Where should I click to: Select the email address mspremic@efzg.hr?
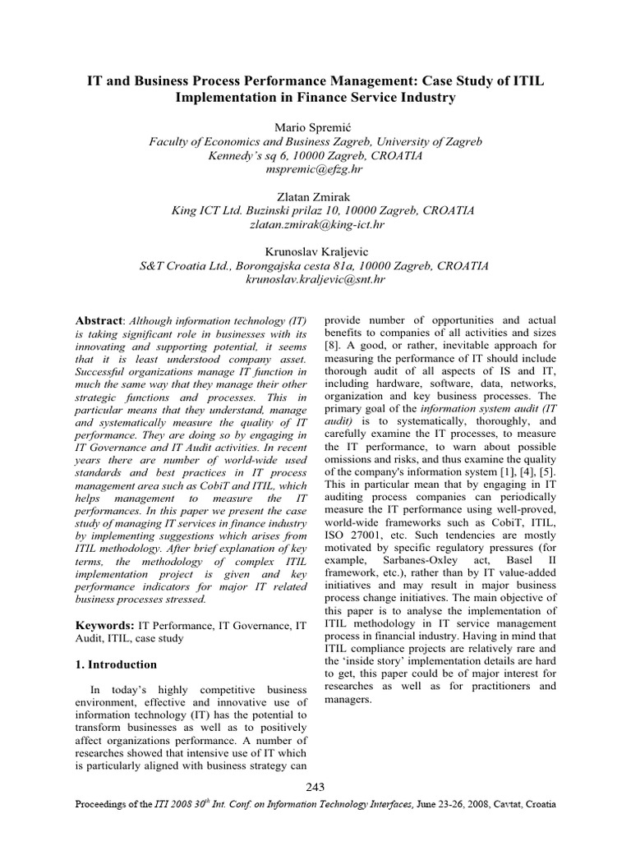(315, 169)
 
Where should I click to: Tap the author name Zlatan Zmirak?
(315, 196)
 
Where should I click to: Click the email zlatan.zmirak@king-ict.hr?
(315, 224)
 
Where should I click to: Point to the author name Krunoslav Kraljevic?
(315, 251)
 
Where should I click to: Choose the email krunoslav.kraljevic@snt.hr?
(315, 279)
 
